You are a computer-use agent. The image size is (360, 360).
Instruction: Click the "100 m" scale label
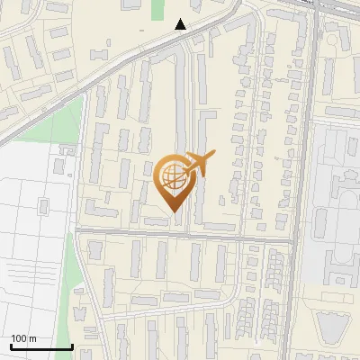click(x=23, y=338)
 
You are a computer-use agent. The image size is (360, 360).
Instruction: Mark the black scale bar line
click(x=41, y=346)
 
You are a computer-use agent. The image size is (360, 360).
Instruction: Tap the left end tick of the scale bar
click(x=11, y=345)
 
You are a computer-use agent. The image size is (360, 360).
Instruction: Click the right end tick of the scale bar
click(x=72, y=345)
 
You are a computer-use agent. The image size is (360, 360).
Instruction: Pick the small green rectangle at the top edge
click(x=157, y=9)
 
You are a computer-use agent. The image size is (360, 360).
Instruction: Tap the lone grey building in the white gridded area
click(x=42, y=207)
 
